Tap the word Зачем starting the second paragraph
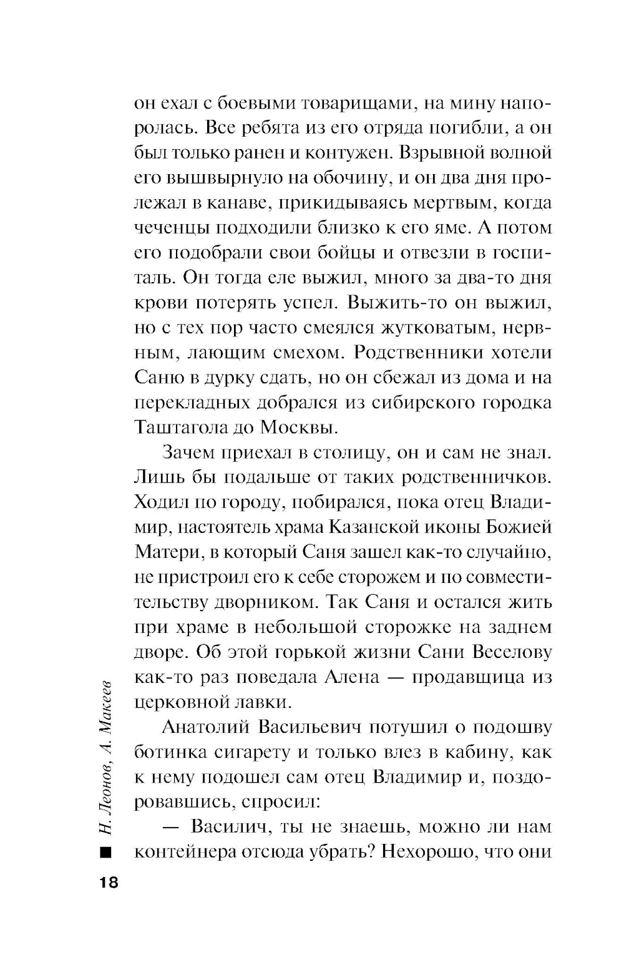click(x=190, y=453)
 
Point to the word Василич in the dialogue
click(x=229, y=827)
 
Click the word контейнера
click(x=180, y=852)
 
